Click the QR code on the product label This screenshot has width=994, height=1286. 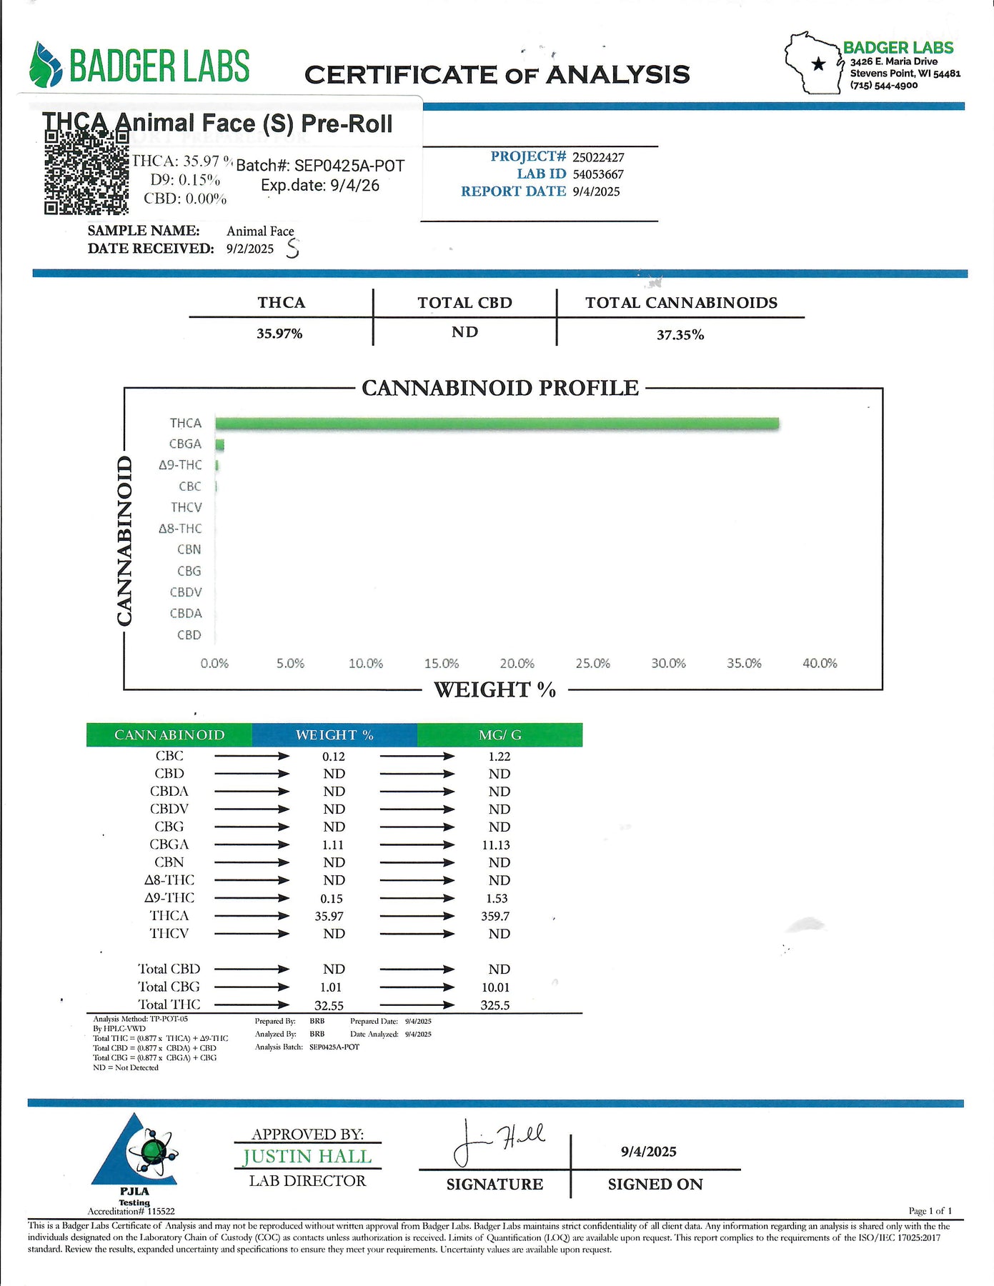[x=86, y=173]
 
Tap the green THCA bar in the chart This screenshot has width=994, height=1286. [x=497, y=424]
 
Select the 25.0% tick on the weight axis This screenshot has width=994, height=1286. [x=592, y=664]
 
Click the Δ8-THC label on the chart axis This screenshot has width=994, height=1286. [x=180, y=529]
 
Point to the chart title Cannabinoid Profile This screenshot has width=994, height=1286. [x=500, y=388]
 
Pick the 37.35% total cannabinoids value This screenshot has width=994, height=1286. [x=680, y=335]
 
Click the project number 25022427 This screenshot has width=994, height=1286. [x=598, y=157]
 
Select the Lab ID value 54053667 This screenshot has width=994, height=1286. [x=598, y=174]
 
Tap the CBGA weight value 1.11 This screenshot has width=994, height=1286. [x=333, y=845]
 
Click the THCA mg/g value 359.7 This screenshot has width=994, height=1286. [x=495, y=916]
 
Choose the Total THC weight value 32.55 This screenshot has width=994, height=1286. [x=329, y=1005]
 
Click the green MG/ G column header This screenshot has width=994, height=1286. [x=500, y=735]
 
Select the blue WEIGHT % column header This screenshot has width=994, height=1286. [x=334, y=735]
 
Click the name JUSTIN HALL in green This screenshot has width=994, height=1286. [x=307, y=1157]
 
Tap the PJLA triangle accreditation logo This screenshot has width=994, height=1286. [x=134, y=1151]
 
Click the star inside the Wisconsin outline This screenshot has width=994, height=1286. [x=818, y=64]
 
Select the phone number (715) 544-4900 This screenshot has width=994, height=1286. [x=884, y=86]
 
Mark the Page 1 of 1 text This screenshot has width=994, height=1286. [x=930, y=1210]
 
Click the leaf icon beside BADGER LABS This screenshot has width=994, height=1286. [x=46, y=64]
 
